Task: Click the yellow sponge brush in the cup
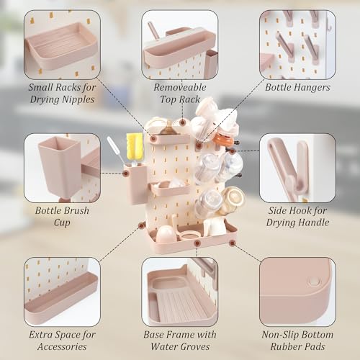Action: coord(134,146)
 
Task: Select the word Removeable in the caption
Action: coord(180,87)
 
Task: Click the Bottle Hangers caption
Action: coord(297,88)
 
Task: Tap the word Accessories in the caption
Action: coord(62,346)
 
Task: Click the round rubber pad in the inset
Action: coord(313,281)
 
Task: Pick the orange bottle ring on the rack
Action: coord(224,140)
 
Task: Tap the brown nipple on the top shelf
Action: coord(167,130)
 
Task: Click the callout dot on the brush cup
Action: coord(126,173)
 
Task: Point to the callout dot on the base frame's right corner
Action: coord(232,243)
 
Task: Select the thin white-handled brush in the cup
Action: coord(114,150)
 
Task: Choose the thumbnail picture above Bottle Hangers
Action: coord(297,45)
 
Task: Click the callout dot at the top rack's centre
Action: coord(183,122)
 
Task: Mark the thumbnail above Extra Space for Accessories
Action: coord(62,292)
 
